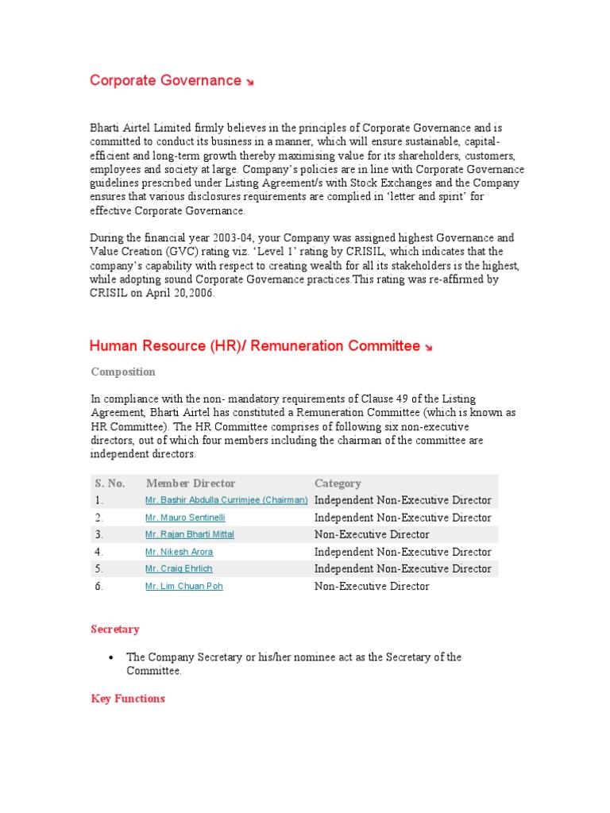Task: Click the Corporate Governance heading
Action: (165, 80)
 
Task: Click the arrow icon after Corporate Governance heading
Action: (250, 83)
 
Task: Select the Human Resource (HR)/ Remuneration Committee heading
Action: (254, 345)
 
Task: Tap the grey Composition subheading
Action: (123, 372)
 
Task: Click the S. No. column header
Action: (110, 483)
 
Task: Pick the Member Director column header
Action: (191, 483)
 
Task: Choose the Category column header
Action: (338, 483)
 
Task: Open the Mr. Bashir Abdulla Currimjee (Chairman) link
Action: (226, 500)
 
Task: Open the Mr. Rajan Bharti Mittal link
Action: (190, 534)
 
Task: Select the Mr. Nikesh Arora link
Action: (179, 552)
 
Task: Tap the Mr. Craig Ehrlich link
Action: (179, 568)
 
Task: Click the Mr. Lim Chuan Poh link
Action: (183, 586)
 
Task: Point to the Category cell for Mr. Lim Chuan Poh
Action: (372, 586)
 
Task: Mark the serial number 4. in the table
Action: (99, 552)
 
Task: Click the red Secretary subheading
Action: (115, 629)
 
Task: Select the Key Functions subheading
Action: (128, 699)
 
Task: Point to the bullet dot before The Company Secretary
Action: (110, 657)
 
